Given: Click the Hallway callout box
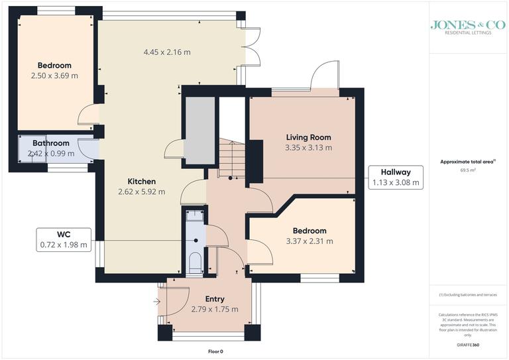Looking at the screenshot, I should [395, 178].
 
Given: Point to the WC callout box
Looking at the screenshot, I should [64, 239].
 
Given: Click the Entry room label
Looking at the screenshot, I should [215, 299].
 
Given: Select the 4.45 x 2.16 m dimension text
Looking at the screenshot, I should [168, 52].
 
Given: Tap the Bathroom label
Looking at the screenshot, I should [51, 143].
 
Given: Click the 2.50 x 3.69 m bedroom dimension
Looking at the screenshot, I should [54, 76].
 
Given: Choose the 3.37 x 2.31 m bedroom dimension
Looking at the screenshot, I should [310, 241].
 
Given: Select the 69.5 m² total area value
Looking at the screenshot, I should [469, 170].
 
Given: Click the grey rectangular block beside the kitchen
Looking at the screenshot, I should [199, 131].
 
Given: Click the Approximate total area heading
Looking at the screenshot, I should [468, 161].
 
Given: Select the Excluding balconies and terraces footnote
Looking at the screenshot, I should [468, 294].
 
